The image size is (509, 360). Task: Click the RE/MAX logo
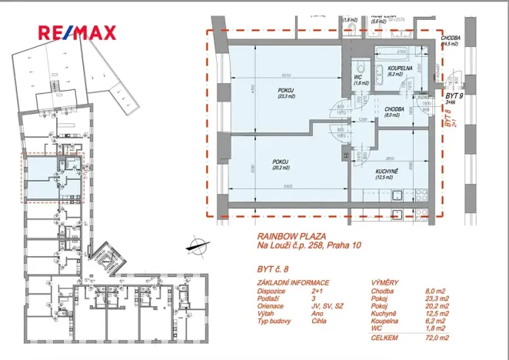pos(78,32)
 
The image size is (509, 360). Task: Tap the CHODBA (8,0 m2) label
pos(394,112)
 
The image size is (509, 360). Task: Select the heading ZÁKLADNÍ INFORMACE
pos(293,283)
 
